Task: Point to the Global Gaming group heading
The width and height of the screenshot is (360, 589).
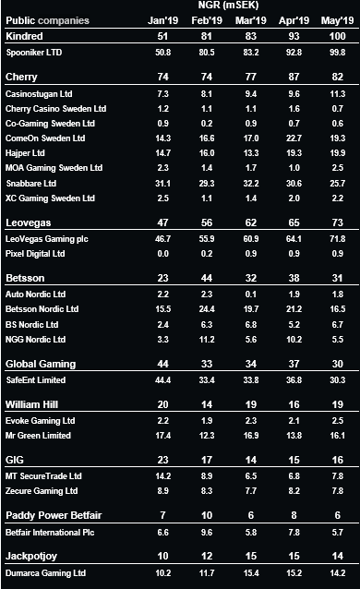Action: [42, 364]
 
